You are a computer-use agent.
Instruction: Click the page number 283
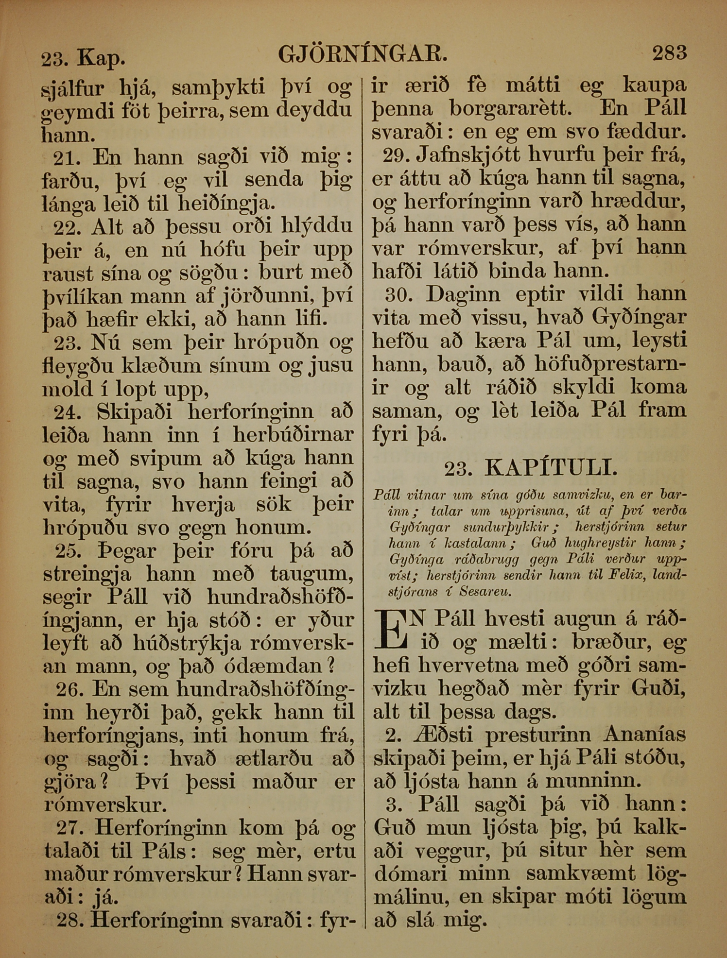pyautogui.click(x=669, y=52)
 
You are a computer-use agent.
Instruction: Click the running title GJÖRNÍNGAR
pyautogui.click(x=363, y=54)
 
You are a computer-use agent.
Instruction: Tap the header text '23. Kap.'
pyautogui.click(x=83, y=58)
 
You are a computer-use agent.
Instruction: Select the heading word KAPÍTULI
pyautogui.click(x=551, y=468)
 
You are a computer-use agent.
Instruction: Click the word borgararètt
pyautogui.click(x=510, y=109)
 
